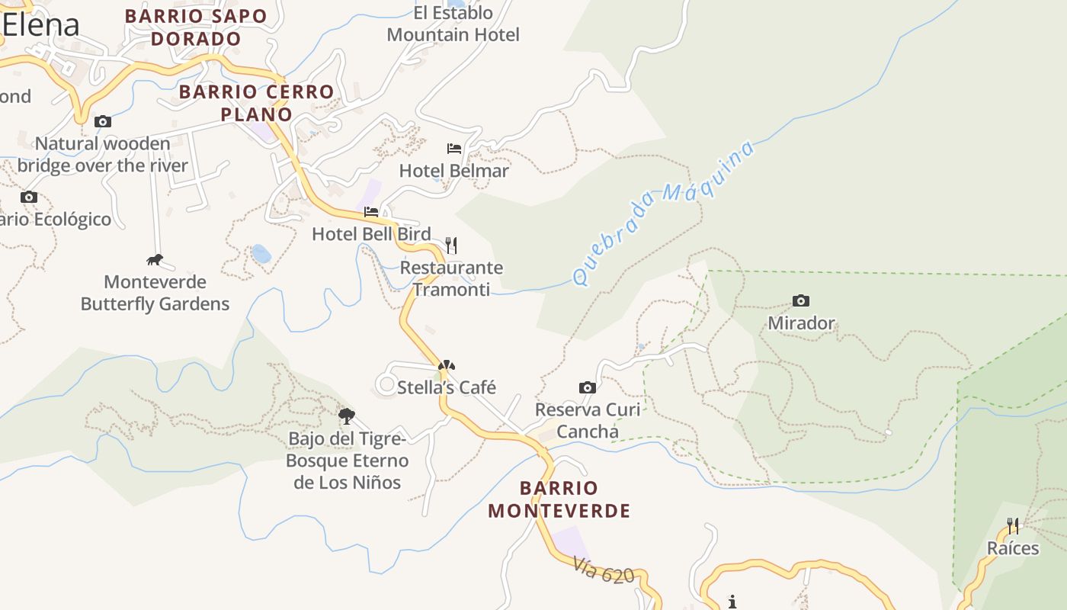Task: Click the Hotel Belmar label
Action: coord(453,171)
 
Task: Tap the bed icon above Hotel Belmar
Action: coord(454,148)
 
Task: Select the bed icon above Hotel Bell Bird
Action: coord(371,211)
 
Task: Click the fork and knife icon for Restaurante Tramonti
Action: coord(451,245)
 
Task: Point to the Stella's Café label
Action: coord(447,387)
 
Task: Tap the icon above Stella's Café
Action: coord(447,366)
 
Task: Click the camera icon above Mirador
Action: coord(800,300)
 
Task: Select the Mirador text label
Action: coord(801,323)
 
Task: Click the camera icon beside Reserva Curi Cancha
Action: coord(587,387)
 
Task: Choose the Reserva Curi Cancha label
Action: coord(588,420)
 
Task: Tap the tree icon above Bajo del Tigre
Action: coord(347,416)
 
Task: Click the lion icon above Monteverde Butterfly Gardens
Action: coord(155,260)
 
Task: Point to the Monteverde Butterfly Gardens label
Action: coord(155,293)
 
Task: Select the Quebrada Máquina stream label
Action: coord(662,213)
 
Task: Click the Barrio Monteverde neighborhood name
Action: coord(559,499)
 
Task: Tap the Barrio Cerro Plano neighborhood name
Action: coord(256,103)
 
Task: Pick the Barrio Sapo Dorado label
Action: coord(196,27)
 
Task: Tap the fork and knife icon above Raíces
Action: coord(1013,525)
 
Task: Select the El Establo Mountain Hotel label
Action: coord(453,24)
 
